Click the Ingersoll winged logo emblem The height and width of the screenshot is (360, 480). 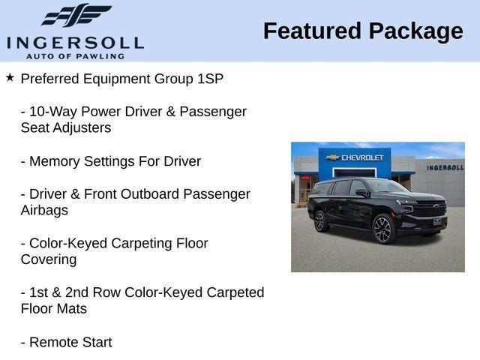click(x=76, y=15)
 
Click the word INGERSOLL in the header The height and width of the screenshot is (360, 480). click(x=75, y=42)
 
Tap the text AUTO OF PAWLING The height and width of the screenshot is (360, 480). click(x=75, y=56)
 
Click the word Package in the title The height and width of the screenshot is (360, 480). click(x=415, y=31)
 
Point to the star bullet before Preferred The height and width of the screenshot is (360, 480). click(x=10, y=77)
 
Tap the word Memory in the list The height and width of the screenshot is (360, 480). click(x=55, y=161)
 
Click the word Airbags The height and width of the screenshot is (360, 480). click(x=44, y=211)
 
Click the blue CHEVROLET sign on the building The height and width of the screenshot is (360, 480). click(x=357, y=157)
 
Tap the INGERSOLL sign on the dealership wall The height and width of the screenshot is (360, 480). click(x=445, y=167)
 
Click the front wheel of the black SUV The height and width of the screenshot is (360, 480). click(x=385, y=229)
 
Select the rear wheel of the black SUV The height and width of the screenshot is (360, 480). click(x=321, y=221)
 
